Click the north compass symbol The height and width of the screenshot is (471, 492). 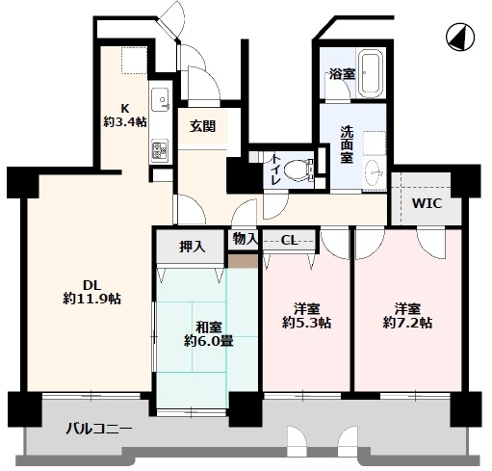coord(460,38)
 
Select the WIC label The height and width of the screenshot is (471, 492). coord(427,204)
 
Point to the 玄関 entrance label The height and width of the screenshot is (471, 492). coord(201,126)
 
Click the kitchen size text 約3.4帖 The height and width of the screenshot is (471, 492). coord(126,121)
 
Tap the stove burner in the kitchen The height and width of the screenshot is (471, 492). coord(160,150)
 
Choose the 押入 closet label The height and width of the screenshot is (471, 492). coord(193,247)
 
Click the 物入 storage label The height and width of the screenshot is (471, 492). coord(245,239)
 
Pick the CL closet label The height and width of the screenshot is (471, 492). coord(289,240)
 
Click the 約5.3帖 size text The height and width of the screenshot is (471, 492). coord(307,324)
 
